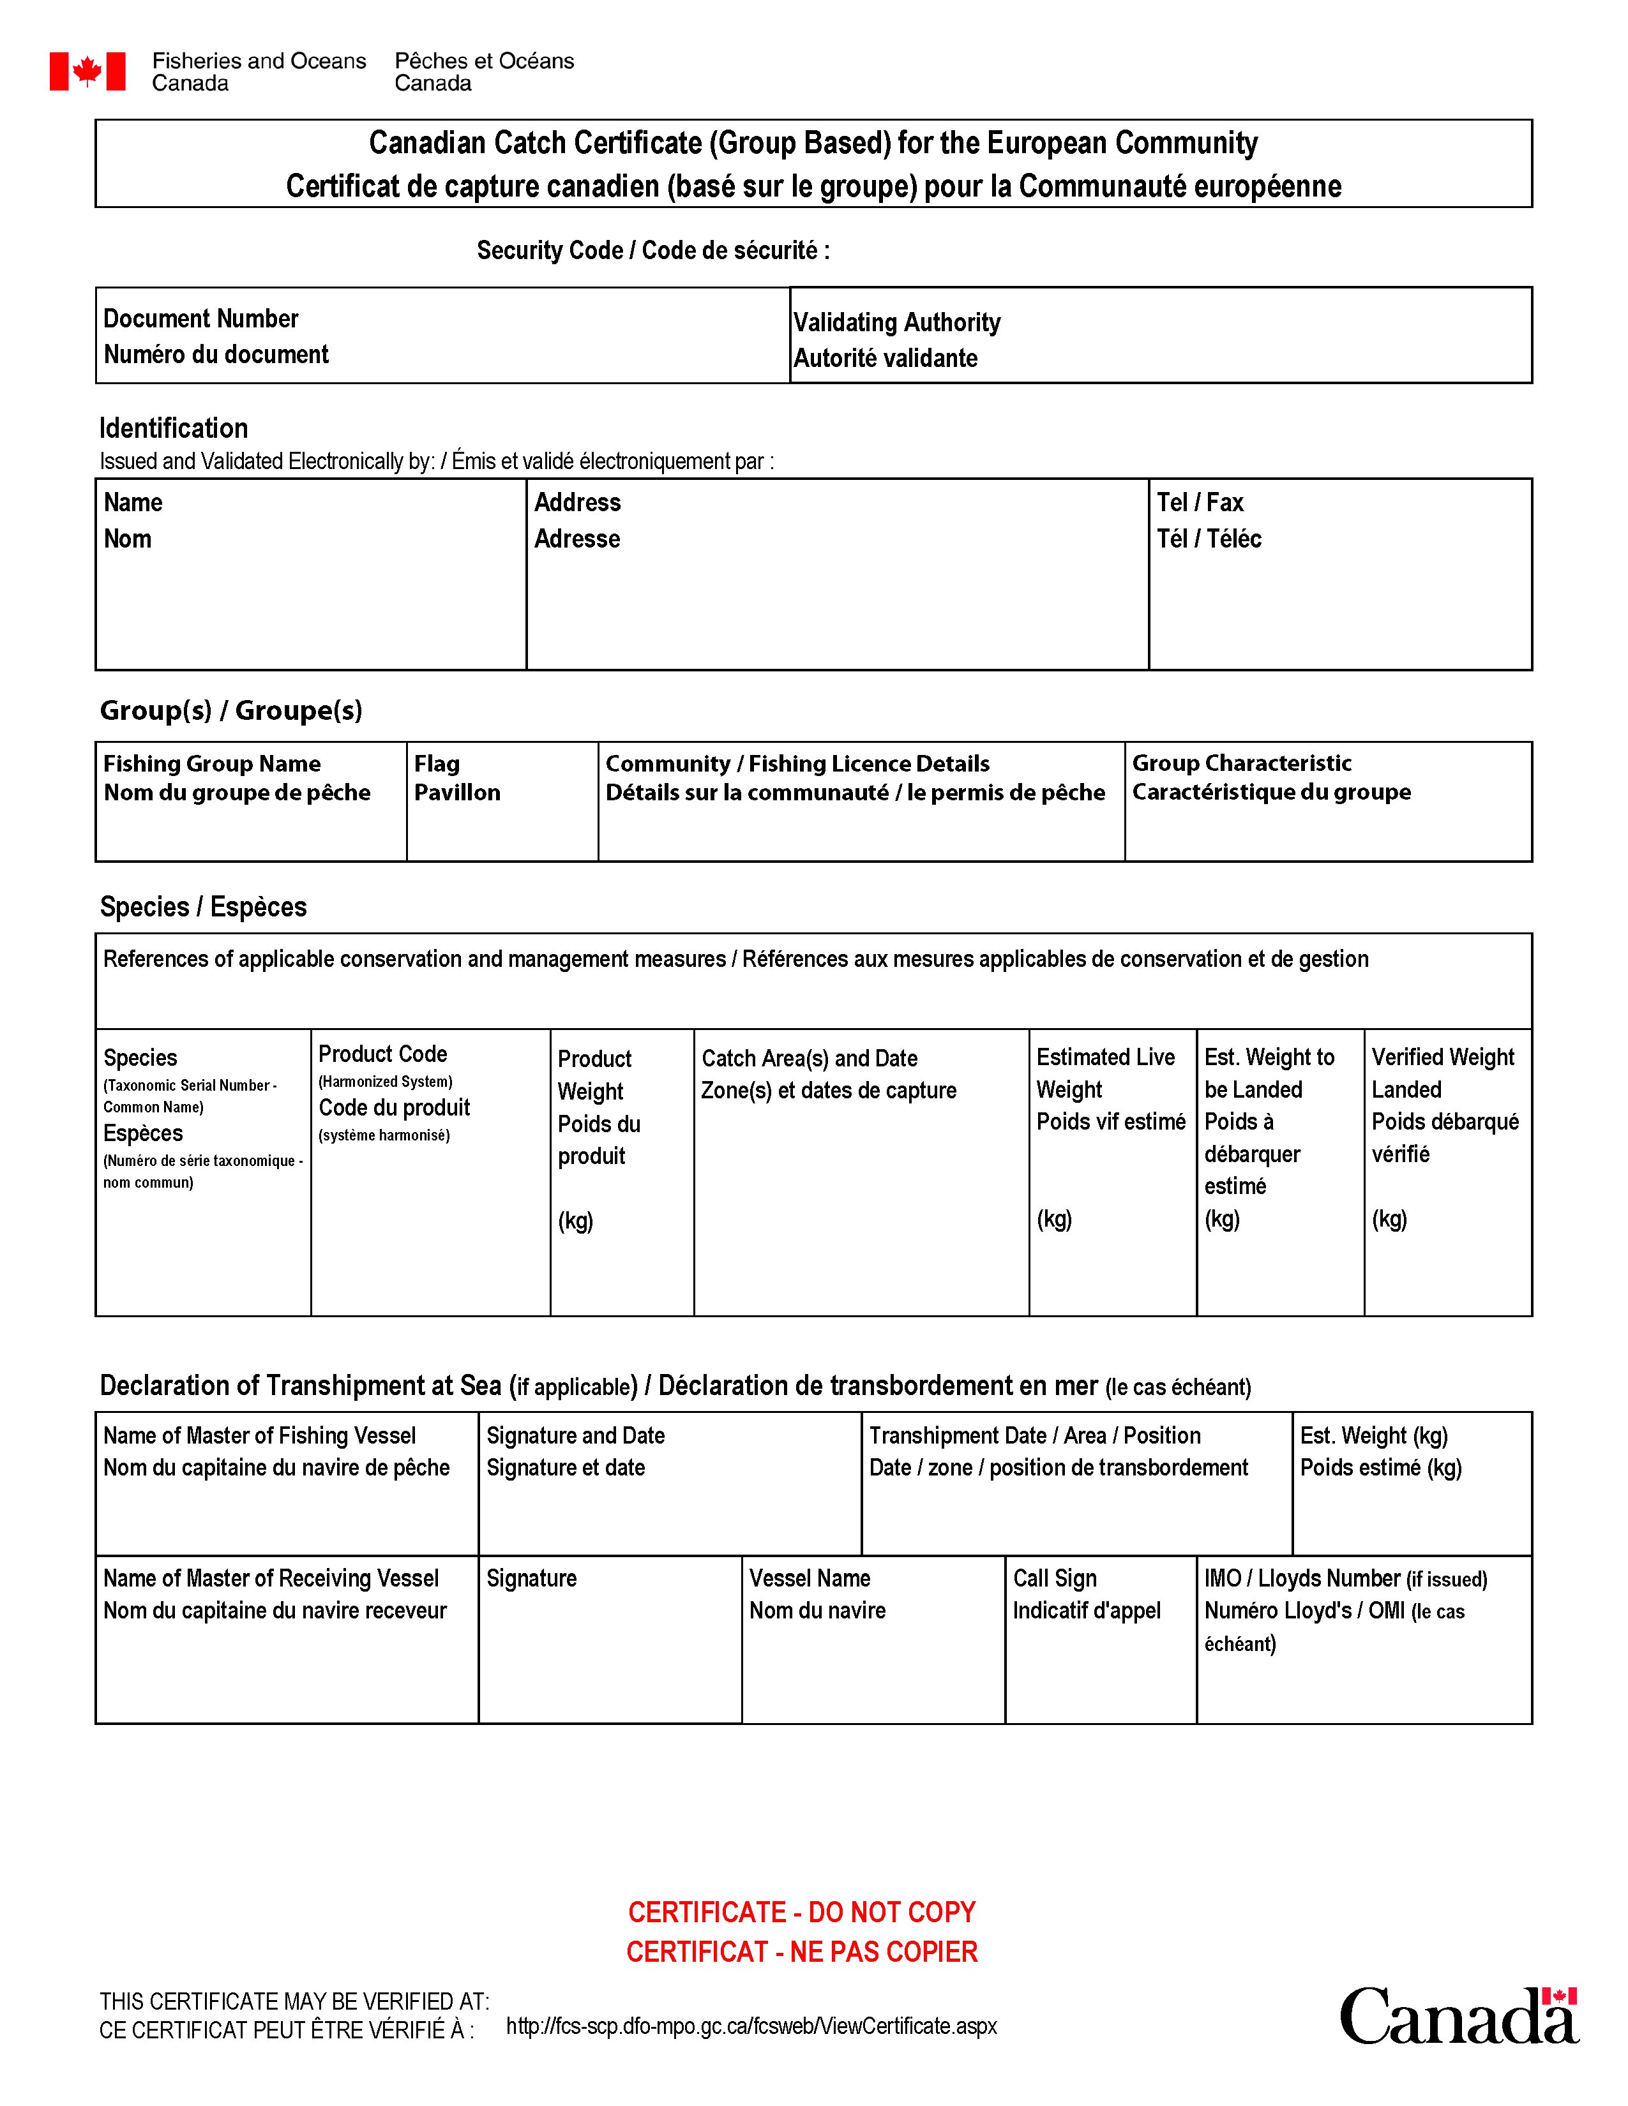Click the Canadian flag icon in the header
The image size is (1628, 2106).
[87, 71]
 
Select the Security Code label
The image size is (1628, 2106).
[653, 251]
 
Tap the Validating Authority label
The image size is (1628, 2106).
[897, 323]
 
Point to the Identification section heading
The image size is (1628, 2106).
[174, 428]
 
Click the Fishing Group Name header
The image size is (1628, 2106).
[212, 764]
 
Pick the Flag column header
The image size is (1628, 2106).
[437, 764]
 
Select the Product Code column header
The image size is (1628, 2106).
[383, 1054]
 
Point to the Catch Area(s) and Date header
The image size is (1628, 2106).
[809, 1058]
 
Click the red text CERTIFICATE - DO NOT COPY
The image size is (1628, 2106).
[801, 1912]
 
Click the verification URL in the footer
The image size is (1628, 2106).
[751, 2026]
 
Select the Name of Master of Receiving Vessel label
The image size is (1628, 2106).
[271, 1578]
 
